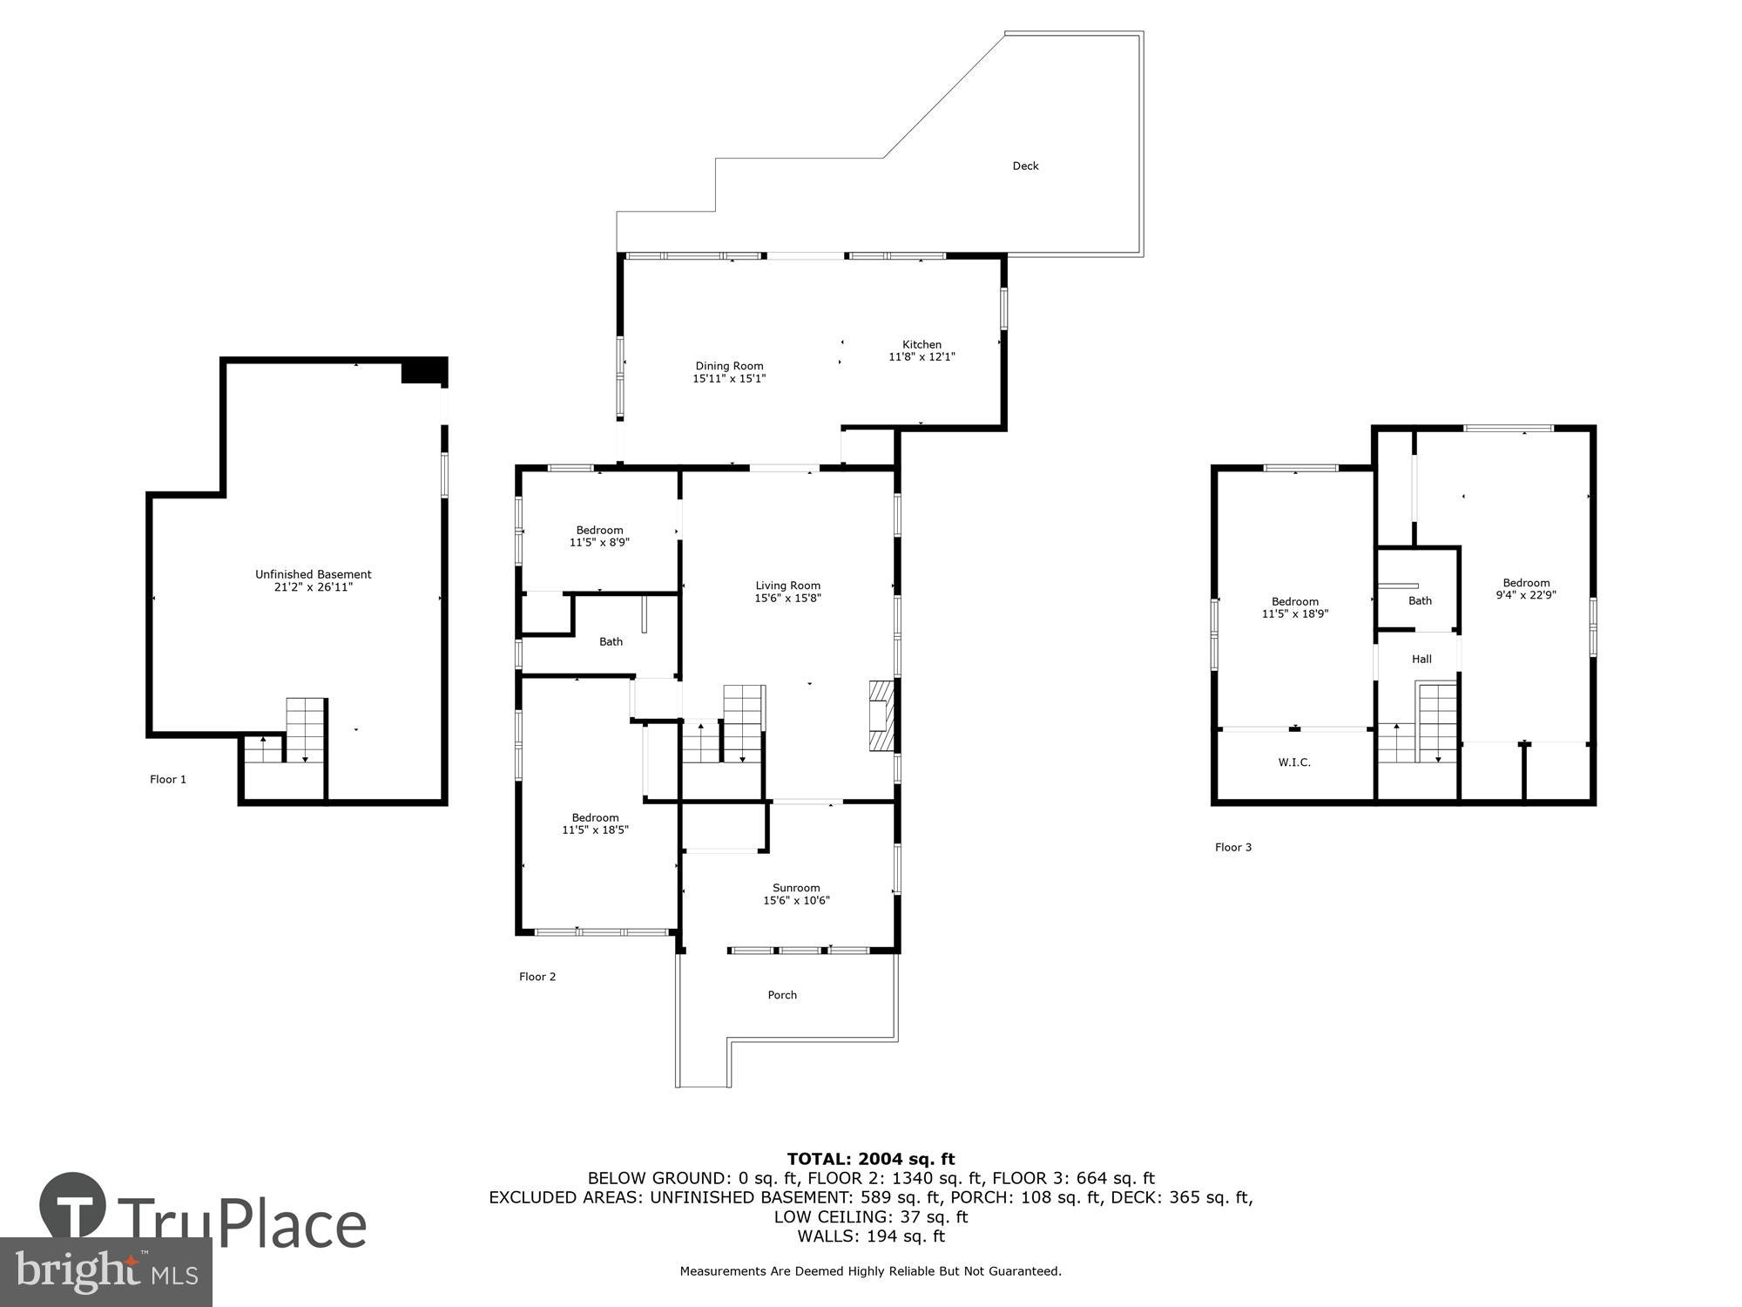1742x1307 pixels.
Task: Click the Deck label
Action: (1025, 166)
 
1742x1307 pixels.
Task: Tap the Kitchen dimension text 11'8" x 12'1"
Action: (922, 356)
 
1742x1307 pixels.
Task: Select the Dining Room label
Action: (729, 366)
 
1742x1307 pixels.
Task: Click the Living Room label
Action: (787, 586)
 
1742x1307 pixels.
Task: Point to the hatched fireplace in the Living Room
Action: (881, 715)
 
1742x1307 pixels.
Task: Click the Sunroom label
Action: (796, 888)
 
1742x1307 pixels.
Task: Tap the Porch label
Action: (782, 995)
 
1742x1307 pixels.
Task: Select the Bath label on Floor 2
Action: (611, 641)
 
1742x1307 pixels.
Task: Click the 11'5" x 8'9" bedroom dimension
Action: (599, 542)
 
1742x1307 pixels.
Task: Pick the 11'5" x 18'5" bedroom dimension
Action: (595, 830)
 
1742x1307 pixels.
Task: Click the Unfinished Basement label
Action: (313, 574)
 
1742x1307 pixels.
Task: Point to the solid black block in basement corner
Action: (423, 370)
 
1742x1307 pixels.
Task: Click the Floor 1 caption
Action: (168, 779)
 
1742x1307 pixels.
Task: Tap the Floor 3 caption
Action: (1233, 847)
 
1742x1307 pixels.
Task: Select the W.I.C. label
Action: (1294, 762)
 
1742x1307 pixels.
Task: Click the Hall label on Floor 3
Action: (1421, 659)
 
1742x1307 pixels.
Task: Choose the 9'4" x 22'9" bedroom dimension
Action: (1526, 595)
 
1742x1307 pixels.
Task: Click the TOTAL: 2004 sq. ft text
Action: (871, 1159)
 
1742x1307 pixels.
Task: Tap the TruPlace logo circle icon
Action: (73, 1207)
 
